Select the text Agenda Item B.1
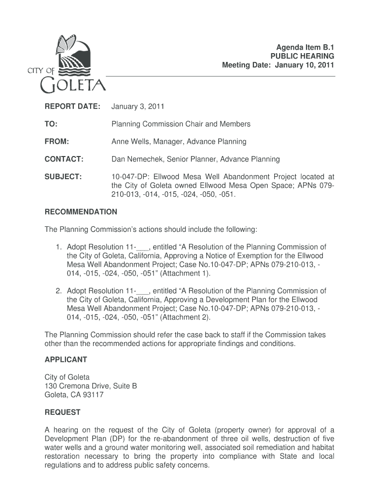(305, 48)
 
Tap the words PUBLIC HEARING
(303, 57)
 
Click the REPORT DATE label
(72, 106)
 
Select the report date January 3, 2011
(138, 106)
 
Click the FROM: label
(57, 142)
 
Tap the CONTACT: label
(64, 159)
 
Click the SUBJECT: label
(63, 177)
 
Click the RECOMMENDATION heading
(81, 212)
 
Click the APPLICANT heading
(66, 359)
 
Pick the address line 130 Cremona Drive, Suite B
(91, 386)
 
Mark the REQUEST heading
(63, 412)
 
